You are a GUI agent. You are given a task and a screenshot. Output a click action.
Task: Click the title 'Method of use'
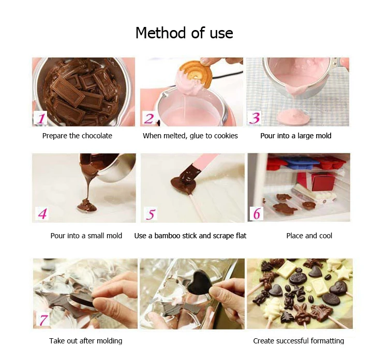pos(184,33)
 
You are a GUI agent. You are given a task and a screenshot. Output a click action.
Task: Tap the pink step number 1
pos(41,119)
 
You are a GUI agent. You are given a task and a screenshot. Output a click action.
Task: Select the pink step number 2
pos(149,119)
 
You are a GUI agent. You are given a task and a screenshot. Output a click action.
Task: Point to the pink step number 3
pos(255,118)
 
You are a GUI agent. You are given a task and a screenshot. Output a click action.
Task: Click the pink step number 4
pos(42,213)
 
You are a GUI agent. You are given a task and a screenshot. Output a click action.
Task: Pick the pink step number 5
pos(151,213)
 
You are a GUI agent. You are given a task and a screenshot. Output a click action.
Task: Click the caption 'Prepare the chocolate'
pos(77,136)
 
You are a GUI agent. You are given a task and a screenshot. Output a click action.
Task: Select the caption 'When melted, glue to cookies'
pos(190,136)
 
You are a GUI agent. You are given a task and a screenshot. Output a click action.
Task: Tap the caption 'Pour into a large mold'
pos(296,136)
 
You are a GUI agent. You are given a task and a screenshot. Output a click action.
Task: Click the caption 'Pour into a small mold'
pos(86,236)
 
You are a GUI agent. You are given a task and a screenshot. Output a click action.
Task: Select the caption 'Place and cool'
pos(309,236)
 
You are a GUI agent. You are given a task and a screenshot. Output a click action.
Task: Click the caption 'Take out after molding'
pos(86,341)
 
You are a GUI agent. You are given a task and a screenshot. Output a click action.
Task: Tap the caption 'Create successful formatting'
pos(299,341)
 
